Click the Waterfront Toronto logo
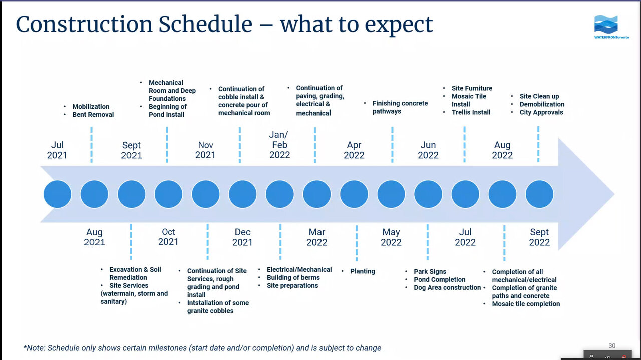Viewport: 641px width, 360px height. tap(611, 27)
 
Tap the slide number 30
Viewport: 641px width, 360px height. tap(612, 345)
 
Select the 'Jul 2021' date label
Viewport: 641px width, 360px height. tap(57, 150)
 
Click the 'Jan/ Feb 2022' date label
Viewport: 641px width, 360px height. tap(279, 145)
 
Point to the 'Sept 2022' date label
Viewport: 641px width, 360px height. tap(539, 237)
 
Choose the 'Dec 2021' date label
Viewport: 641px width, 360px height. tap(242, 237)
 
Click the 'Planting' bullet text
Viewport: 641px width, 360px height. tap(362, 271)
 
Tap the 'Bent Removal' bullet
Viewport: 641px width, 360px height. tap(93, 115)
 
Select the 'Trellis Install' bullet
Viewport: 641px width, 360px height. tap(471, 112)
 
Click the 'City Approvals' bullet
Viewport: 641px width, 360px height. tap(541, 112)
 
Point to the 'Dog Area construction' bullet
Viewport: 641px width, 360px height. tap(447, 287)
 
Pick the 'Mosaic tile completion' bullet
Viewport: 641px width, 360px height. tap(526, 304)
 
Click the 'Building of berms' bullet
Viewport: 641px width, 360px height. tap(293, 277)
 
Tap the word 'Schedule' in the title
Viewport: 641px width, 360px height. tap(205, 24)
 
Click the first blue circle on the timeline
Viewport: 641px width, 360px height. tap(57, 194)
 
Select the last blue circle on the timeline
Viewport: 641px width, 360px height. tap(539, 194)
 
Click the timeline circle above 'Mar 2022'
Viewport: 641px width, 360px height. tap(317, 194)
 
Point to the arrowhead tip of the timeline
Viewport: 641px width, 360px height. tap(614, 194)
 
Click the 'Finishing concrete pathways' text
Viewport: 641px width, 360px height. tap(400, 107)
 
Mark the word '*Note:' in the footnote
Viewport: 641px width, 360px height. tap(35, 348)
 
